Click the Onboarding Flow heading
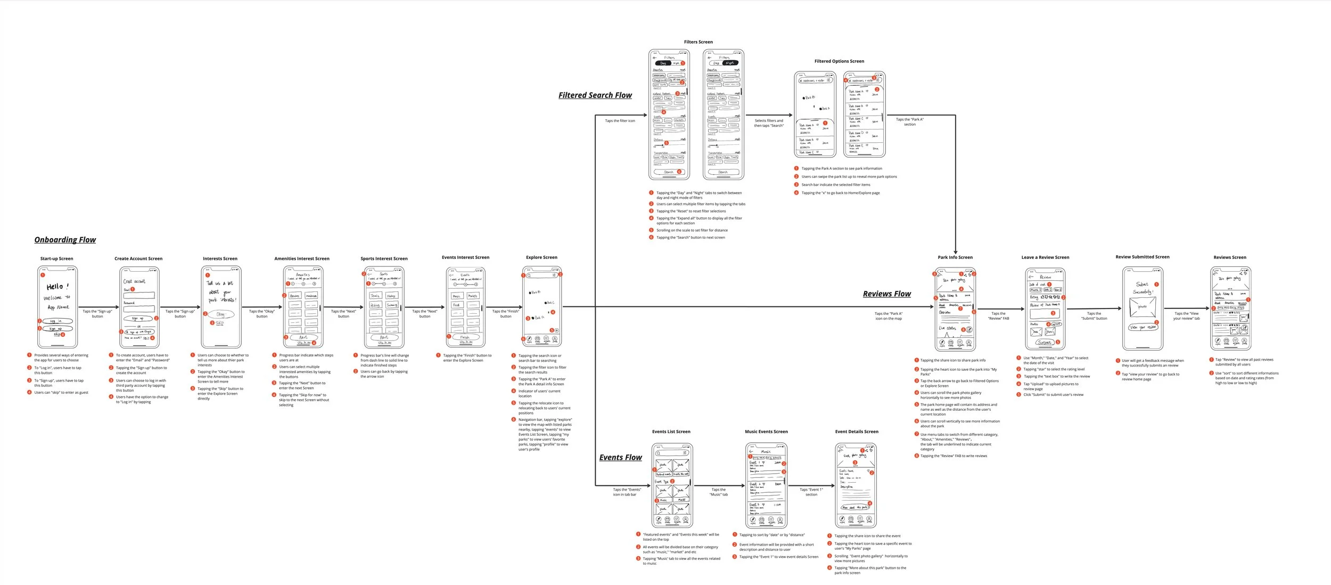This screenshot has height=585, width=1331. (65, 240)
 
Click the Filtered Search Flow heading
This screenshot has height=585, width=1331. (595, 95)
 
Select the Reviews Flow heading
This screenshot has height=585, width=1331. (886, 294)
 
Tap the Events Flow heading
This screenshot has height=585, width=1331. (620, 458)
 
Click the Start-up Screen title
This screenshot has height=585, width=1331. (56, 259)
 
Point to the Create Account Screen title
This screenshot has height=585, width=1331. (138, 259)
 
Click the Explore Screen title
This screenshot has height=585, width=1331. (541, 257)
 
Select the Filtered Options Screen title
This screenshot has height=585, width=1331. (839, 61)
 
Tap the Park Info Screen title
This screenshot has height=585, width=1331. (955, 257)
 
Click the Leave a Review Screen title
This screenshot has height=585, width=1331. (1045, 257)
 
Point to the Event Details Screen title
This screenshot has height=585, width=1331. (857, 432)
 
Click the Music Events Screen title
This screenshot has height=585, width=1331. (766, 432)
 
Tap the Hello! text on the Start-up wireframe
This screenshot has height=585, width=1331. (57, 287)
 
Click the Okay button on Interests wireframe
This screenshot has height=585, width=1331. (220, 314)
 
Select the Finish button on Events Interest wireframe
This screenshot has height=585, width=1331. (465, 337)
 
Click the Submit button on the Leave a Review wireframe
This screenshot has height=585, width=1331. (1044, 343)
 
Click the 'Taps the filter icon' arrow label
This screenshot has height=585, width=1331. (620, 121)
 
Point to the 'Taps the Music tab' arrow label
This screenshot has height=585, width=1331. (718, 492)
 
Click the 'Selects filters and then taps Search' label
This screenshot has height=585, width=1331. (768, 123)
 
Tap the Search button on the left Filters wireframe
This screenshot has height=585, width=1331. (669, 172)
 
